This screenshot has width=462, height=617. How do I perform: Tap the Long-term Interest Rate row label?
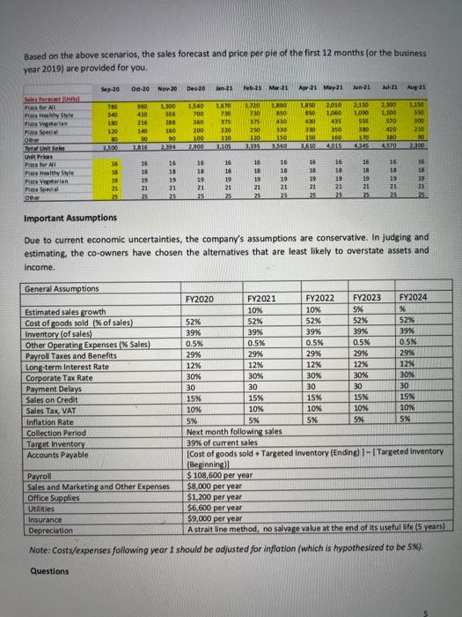coord(73,364)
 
